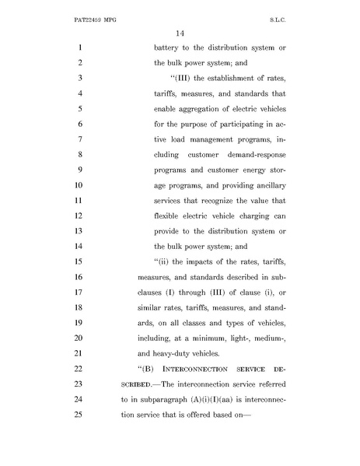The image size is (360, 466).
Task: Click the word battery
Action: (x=169, y=49)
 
